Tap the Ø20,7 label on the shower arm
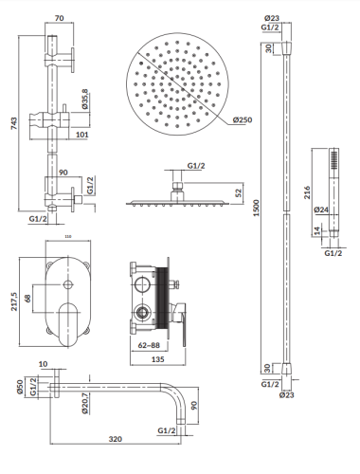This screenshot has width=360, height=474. (x=87, y=406)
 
